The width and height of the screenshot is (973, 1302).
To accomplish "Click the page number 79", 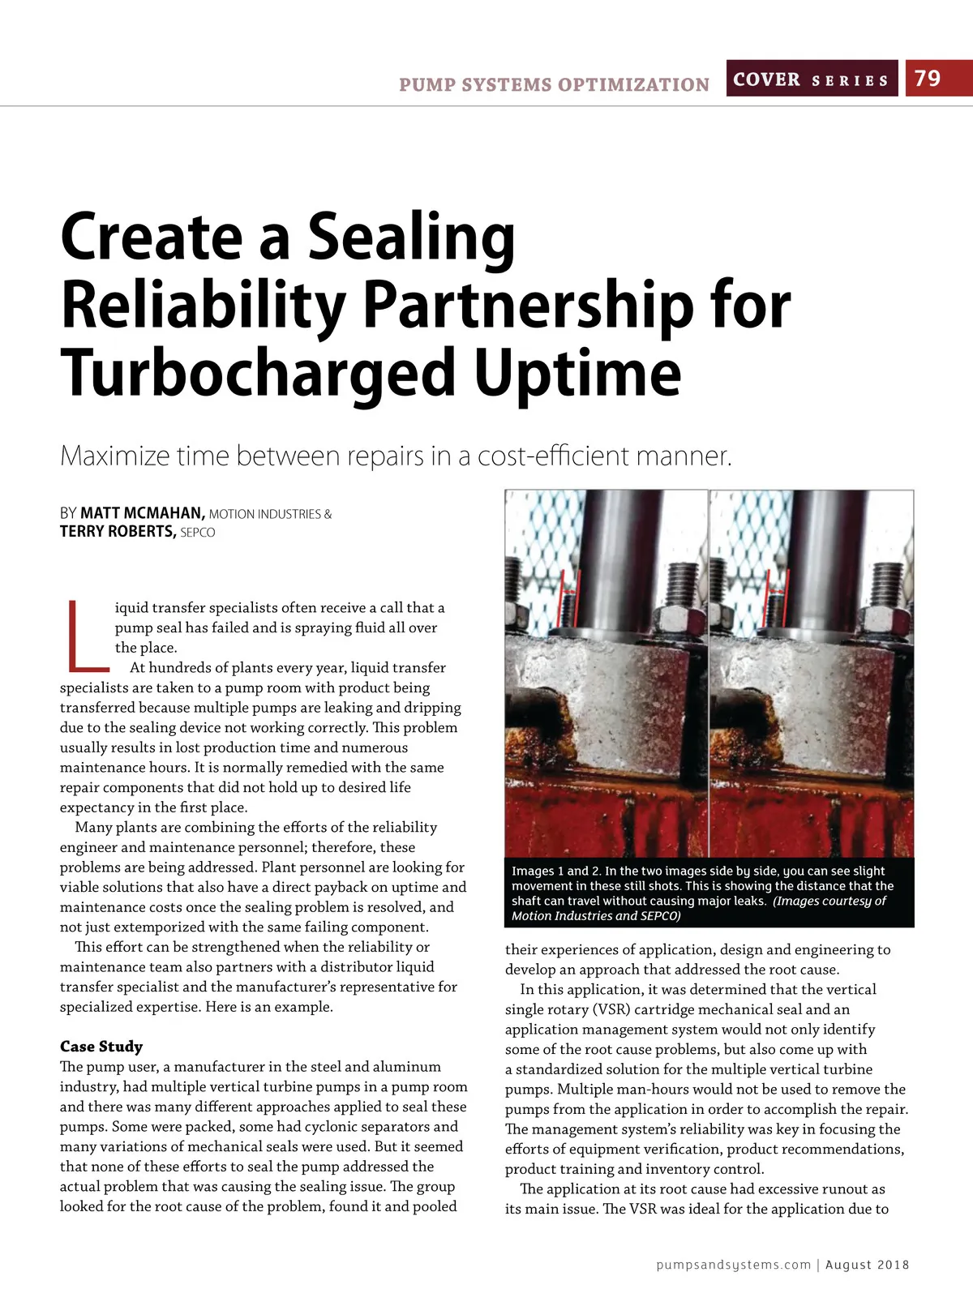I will click(x=928, y=79).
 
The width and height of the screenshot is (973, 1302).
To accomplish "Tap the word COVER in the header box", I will click(x=766, y=79).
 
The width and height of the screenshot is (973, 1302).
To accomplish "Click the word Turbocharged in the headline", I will click(x=259, y=373).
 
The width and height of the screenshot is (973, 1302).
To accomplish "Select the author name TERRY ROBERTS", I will click(x=117, y=532).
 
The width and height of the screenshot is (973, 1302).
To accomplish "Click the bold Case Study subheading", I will click(x=101, y=1047).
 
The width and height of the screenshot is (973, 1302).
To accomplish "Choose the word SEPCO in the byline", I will click(x=198, y=533).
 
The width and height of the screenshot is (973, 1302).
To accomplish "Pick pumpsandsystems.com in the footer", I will click(x=733, y=1265).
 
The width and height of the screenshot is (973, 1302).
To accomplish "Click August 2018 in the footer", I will click(x=867, y=1265).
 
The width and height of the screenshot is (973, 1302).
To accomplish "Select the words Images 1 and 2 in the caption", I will click(x=555, y=871).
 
